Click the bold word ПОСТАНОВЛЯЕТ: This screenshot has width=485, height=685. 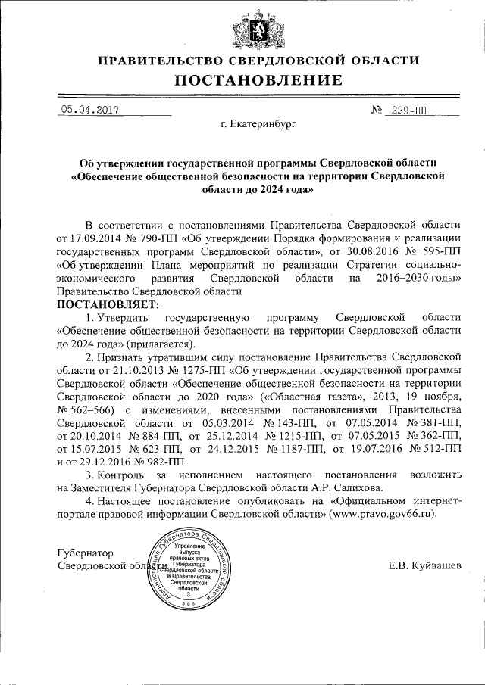point(104,304)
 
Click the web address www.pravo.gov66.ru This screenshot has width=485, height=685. point(383,513)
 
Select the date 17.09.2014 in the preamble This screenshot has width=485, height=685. point(107,238)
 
